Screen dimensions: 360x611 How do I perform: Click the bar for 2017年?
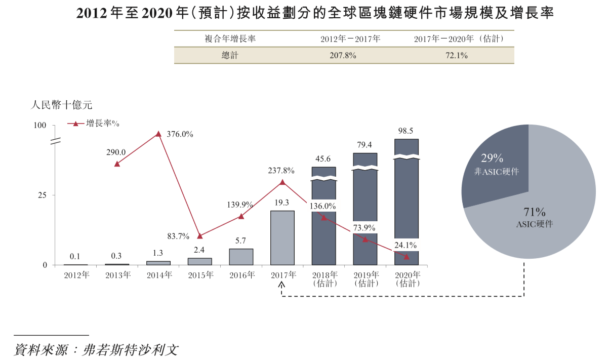pyautogui.click(x=282, y=237)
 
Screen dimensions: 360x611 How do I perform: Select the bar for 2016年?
pyautogui.click(x=241, y=257)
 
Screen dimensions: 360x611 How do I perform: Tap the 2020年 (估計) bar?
pyautogui.click(x=406, y=203)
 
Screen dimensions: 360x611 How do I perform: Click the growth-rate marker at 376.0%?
pyautogui.click(x=158, y=134)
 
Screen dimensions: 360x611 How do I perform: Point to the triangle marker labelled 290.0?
pyautogui.click(x=117, y=164)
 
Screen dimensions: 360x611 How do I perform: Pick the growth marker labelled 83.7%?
pyautogui.click(x=200, y=236)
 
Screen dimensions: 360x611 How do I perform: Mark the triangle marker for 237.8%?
pyautogui.click(x=282, y=182)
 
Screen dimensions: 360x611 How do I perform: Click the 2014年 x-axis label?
pyautogui.click(x=159, y=275)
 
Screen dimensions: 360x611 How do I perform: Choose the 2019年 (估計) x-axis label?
pyautogui.click(x=365, y=279)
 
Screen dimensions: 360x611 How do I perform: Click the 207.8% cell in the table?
pyautogui.click(x=343, y=56)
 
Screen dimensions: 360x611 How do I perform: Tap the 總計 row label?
pyautogui.click(x=229, y=56)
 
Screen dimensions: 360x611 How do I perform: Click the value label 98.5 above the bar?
pyautogui.click(x=406, y=131)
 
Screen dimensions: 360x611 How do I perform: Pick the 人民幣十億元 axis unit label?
pyautogui.click(x=62, y=105)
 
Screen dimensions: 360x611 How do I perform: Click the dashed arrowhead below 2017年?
pyautogui.click(x=282, y=286)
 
